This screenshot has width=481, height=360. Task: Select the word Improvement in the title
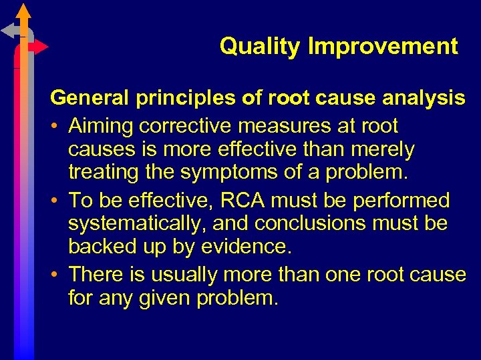click(x=383, y=47)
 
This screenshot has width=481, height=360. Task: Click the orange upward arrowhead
click(x=24, y=11)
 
